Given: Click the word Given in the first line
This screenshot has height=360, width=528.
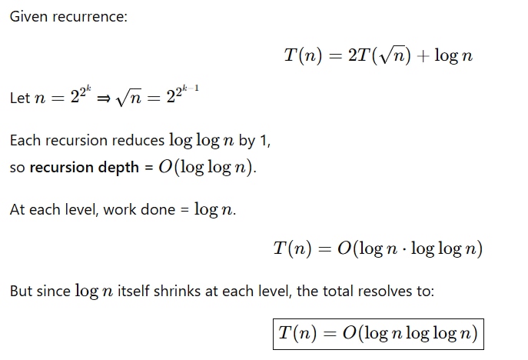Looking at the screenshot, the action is point(29,16).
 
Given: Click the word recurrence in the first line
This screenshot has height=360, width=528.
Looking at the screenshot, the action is point(88,17).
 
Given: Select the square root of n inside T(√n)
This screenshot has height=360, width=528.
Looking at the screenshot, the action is point(391,55).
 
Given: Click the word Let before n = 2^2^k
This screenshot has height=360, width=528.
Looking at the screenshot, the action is point(20,98).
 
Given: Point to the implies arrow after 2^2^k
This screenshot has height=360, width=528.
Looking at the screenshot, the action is point(104,98).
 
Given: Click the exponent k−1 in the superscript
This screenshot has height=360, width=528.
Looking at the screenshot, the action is point(191,88).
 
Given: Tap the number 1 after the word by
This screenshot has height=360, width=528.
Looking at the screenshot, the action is point(264,141).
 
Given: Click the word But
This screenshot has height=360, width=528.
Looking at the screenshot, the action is point(22,292).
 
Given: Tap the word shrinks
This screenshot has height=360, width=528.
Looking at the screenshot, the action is point(177,292).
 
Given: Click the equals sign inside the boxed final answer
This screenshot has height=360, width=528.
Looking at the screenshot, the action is point(329,334).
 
